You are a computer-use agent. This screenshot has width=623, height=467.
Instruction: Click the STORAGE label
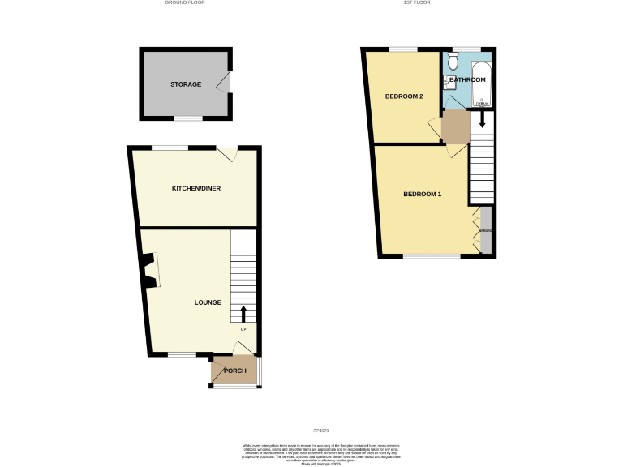click(186, 84)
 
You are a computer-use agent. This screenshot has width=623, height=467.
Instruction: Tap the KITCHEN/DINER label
click(195, 188)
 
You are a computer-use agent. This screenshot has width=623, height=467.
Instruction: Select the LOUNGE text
click(208, 302)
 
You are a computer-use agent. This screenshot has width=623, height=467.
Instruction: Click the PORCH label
click(234, 371)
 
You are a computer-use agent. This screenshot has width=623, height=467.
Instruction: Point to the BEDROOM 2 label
click(403, 96)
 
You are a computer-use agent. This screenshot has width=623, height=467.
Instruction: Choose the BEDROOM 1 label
click(422, 194)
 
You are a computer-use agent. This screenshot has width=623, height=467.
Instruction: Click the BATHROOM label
click(468, 79)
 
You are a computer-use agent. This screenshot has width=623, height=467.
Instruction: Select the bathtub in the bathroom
click(483, 81)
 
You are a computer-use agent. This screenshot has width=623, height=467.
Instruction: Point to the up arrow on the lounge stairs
click(243, 314)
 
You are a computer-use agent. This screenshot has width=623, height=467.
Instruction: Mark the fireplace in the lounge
click(148, 271)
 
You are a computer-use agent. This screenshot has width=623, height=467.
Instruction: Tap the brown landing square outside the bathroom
click(456, 126)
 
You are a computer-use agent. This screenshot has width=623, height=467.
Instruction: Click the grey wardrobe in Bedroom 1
click(486, 231)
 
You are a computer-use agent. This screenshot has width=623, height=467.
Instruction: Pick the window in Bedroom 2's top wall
click(403, 50)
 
